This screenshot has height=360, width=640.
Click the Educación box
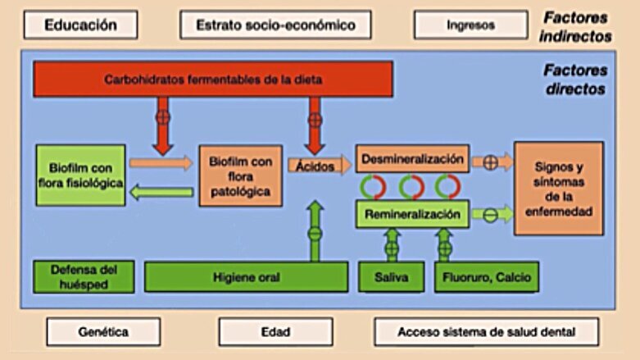click(80, 25)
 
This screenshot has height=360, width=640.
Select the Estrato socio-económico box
click(275, 25)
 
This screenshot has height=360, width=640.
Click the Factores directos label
click(575, 80)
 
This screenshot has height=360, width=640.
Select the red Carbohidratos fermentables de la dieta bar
click(213, 80)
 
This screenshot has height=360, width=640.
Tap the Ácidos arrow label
click(314, 164)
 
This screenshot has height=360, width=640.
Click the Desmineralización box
click(412, 157)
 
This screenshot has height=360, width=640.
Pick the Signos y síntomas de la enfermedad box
click(558, 189)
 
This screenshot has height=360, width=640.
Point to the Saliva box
click(390, 277)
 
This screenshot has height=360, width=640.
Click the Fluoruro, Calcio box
click(488, 277)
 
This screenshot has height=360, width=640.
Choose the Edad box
click(275, 331)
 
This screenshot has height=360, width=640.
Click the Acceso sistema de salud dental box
click(486, 331)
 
